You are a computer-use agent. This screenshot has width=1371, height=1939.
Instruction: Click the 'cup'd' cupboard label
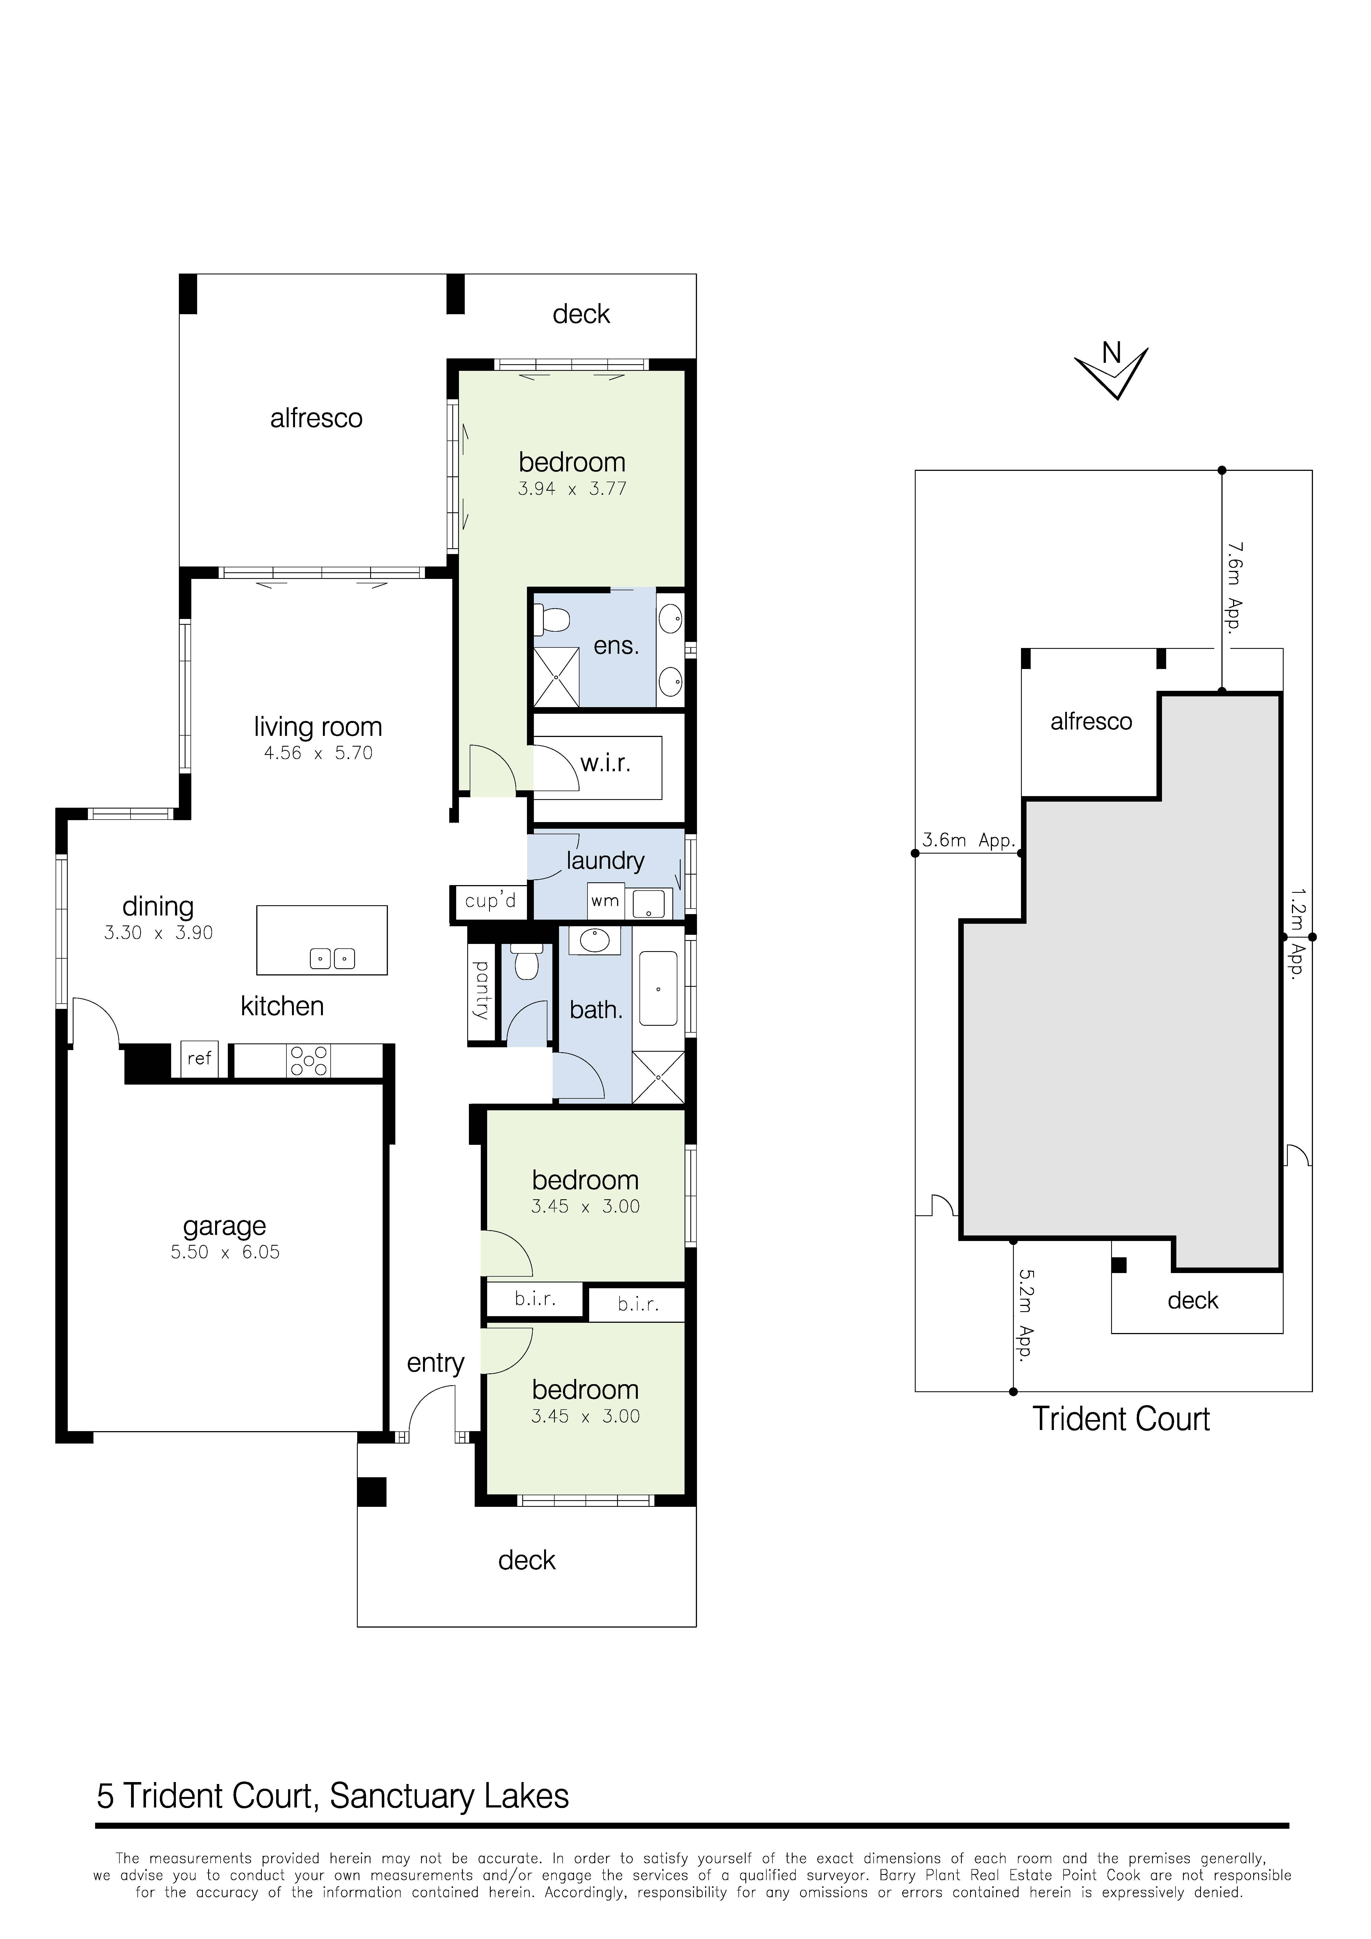coord(490,901)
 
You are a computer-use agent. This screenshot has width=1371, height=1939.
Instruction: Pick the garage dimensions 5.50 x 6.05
coord(225,1252)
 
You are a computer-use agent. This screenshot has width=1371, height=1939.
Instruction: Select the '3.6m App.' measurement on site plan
coord(968,840)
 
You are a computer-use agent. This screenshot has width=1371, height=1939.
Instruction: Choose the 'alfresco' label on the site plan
coord(1091,721)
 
